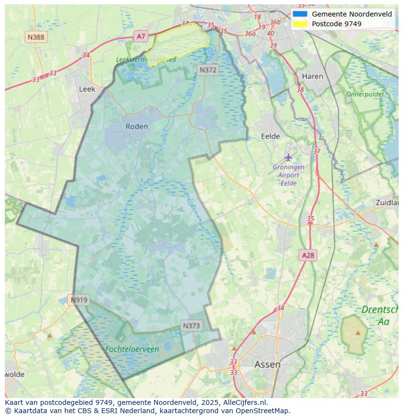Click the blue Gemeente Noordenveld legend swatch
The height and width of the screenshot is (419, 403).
click(x=300, y=14)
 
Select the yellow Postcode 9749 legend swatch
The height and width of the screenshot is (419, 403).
click(x=300, y=24)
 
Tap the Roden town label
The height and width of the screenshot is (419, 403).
click(x=136, y=127)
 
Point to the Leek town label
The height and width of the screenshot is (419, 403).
click(x=87, y=89)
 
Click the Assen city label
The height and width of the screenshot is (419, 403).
click(x=267, y=364)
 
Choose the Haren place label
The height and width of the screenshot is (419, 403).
click(x=312, y=76)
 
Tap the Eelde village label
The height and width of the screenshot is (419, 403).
click(x=271, y=136)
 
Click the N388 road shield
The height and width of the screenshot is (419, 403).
click(x=36, y=37)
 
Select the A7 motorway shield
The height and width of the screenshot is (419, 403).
click(x=141, y=36)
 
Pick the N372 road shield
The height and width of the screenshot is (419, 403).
click(x=208, y=70)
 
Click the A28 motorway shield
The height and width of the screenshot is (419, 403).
click(x=308, y=255)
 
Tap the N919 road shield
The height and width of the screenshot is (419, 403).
click(x=79, y=300)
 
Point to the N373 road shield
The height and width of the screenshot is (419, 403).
click(x=191, y=326)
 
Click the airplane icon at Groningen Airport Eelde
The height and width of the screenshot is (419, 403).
click(x=289, y=157)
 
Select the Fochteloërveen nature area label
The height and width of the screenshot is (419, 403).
click(x=132, y=349)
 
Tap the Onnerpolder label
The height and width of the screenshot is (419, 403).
click(x=365, y=94)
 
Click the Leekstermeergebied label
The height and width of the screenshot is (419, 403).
click(x=146, y=59)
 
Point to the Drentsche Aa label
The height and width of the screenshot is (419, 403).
click(x=382, y=315)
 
